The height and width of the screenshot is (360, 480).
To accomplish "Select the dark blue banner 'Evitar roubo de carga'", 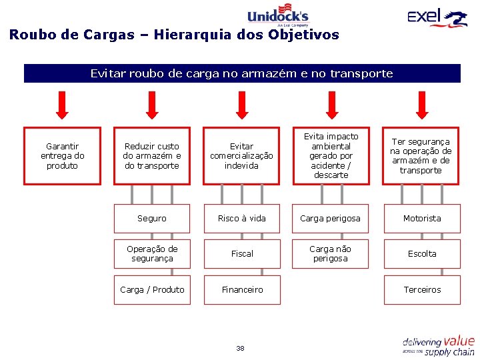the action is [x=242, y=73].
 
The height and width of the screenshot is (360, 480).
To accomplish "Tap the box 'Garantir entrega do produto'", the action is [x=63, y=156].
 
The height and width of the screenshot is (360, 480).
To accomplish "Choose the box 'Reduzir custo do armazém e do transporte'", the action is [x=152, y=156].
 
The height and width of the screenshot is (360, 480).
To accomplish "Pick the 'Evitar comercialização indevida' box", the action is [x=242, y=156].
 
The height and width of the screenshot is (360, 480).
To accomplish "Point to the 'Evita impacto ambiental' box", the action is [x=331, y=156].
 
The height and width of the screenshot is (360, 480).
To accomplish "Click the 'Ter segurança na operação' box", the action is [x=421, y=156].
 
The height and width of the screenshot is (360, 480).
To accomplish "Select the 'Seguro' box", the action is [x=152, y=219].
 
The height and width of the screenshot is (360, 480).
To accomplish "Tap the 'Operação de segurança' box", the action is [x=152, y=254].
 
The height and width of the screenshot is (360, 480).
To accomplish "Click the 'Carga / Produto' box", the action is [x=152, y=290].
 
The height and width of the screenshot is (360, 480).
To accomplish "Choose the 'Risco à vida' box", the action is [x=242, y=219].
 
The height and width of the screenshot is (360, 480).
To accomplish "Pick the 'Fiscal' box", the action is [x=242, y=254].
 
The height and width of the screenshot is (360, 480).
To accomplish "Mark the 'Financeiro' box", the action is [x=242, y=290].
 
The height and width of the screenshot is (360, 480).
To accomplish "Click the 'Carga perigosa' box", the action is [x=330, y=219].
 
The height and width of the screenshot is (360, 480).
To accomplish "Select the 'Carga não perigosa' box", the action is [x=330, y=254].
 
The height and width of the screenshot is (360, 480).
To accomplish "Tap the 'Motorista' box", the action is [x=422, y=219].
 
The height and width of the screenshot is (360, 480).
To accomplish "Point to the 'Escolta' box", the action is [x=422, y=254].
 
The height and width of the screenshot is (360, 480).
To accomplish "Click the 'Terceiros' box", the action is [x=422, y=290].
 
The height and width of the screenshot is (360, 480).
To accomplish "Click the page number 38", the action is [x=240, y=349].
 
